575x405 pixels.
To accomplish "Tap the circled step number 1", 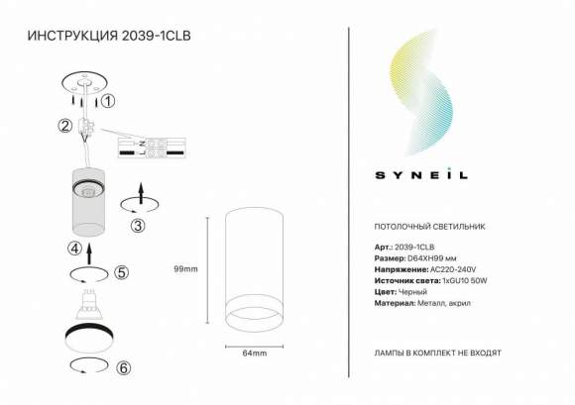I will coord(109,100).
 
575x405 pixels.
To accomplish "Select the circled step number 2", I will coord(64,126).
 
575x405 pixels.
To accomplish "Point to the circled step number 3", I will coord(138,225).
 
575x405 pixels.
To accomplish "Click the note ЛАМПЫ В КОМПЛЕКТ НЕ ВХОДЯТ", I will coord(437,352).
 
